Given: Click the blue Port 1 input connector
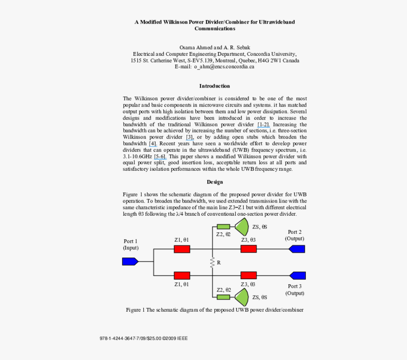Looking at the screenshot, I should click(130, 261).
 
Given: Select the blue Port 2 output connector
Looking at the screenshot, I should click(297, 249).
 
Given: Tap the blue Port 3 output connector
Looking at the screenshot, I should click(297, 275).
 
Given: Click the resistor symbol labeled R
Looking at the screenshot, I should click(212, 262).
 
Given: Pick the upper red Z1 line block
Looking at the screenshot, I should click(182, 249).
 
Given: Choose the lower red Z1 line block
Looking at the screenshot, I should click(182, 275).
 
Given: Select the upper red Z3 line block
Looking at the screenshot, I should click(248, 249).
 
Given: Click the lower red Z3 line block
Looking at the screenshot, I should click(248, 275).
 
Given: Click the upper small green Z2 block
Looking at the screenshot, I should click(223, 227).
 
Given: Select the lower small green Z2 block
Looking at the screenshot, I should click(223, 297).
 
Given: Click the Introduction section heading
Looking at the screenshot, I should click(214, 86).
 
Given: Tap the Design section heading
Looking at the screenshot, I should click(214, 182).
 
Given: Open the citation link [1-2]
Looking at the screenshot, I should click(264, 124).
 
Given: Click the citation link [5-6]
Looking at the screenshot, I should click(159, 156).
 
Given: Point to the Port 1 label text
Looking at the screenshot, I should click(131, 241).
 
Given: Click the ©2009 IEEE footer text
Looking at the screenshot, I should click(175, 339).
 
